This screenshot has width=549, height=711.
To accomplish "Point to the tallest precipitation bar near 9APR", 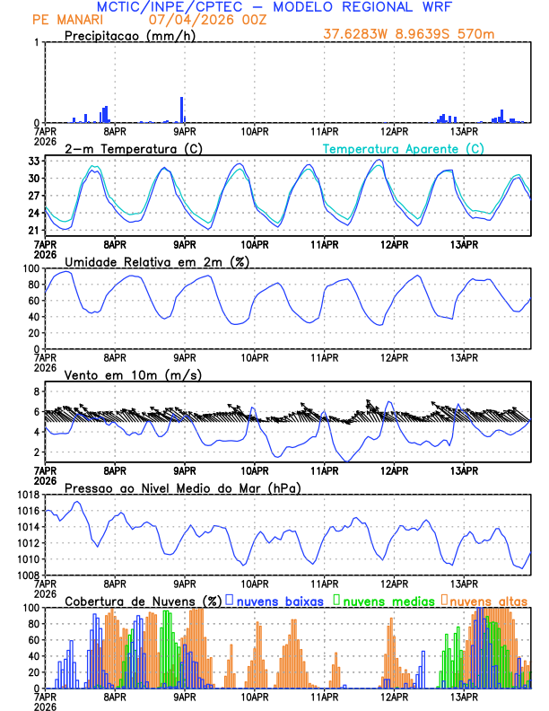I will click(182, 110).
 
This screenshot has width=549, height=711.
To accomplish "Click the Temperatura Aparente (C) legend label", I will click(404, 148).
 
